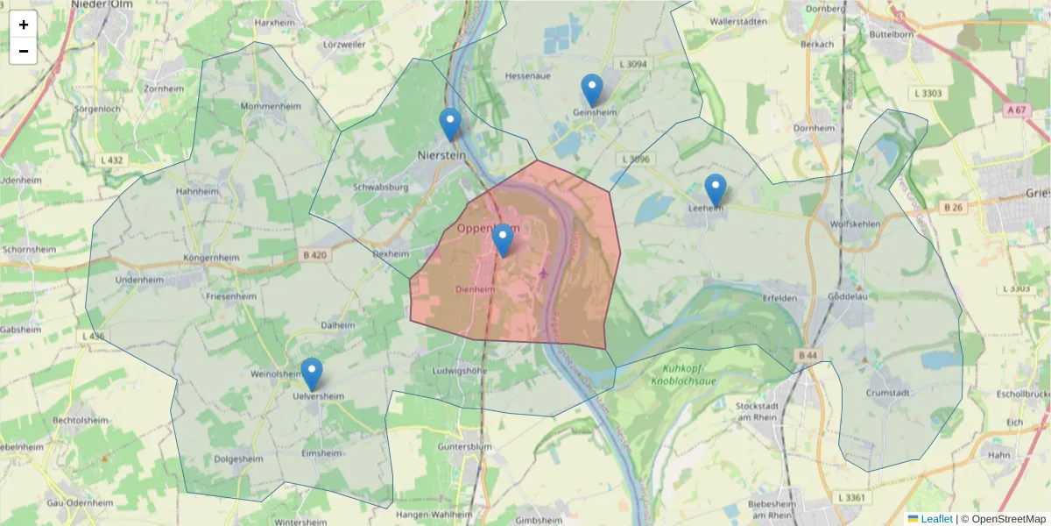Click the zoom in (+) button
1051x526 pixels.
coord(24,25)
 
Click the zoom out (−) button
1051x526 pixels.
coord(24,51)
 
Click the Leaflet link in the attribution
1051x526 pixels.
coord(935,519)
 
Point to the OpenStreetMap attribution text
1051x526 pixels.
coord(1003,519)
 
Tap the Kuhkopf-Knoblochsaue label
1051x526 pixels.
coord(689,374)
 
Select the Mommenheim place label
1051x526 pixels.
coord(251,106)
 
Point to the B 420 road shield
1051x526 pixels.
coord(314,255)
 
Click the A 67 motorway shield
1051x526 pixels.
coord(1016,110)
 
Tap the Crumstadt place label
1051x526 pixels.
coord(891,393)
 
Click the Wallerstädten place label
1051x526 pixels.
coord(738,21)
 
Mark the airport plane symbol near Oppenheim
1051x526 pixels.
coord(544,274)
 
